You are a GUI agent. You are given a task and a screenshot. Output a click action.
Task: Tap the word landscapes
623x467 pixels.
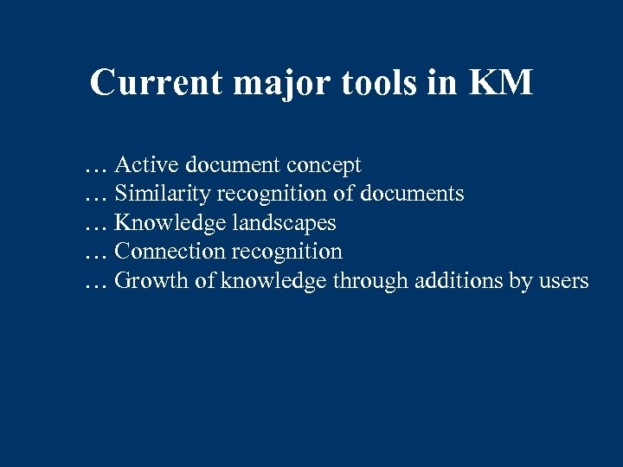coord(284,223)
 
